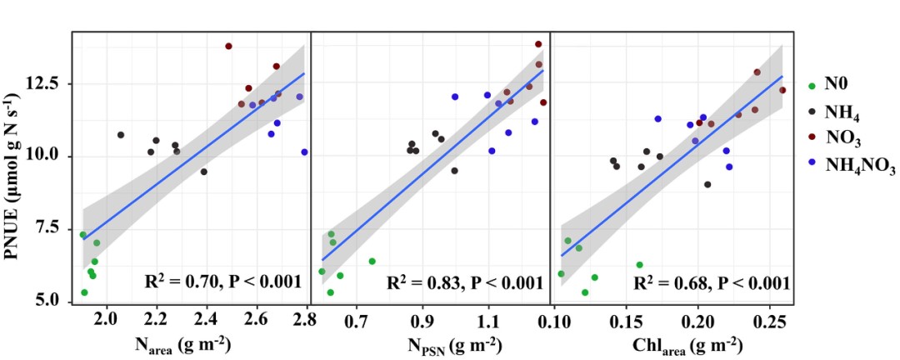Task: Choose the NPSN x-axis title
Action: (428, 343)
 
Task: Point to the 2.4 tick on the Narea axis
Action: (206, 318)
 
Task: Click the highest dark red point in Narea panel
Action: (228, 47)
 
